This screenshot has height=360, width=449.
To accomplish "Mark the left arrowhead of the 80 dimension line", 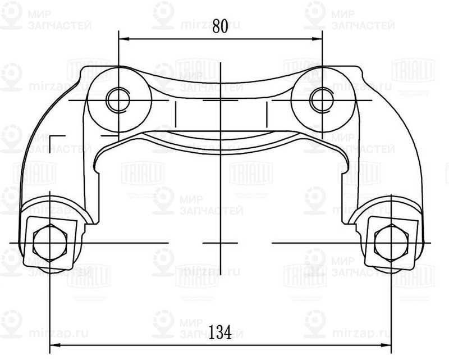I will tap(123, 39).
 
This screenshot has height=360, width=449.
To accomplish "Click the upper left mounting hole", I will tap(118, 99).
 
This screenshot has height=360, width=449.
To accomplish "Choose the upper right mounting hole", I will tap(322, 99).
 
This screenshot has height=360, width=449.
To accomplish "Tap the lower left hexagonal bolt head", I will tap(49, 242).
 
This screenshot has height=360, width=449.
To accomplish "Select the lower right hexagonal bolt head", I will tap(390, 242).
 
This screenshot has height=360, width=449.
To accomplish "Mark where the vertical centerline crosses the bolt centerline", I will tap(221, 242).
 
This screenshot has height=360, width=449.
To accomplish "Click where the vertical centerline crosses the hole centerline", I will tap(221, 101).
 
